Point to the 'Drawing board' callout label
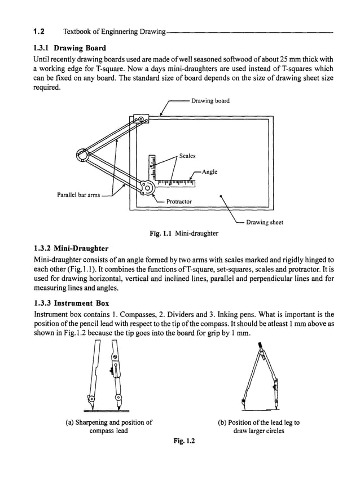tap(210, 102)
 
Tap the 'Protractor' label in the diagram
tap(179, 201)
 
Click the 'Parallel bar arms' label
tap(78, 195)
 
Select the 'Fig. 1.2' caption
tap(183, 442)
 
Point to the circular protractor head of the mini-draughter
tap(148, 187)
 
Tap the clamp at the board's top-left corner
tap(139, 120)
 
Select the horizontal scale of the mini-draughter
tap(175, 182)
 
